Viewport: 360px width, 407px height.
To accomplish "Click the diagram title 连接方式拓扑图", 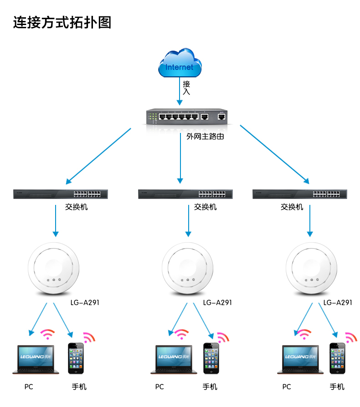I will click(62, 22).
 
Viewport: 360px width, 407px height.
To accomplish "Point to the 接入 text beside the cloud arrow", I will click(186, 87).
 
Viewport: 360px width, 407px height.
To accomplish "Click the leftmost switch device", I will click(60, 194).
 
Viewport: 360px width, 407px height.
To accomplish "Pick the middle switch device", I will click(185, 194).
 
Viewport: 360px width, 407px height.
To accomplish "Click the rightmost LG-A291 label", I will click(338, 302).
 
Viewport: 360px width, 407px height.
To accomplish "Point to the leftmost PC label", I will click(29, 387).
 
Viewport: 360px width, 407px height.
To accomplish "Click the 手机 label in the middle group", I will click(210, 387).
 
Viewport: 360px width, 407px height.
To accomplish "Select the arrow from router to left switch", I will click(98, 155).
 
